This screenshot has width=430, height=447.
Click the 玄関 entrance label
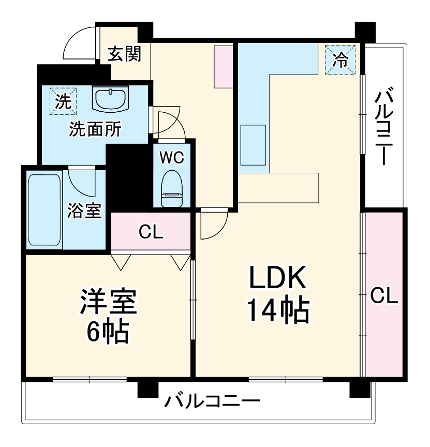coord(124,53)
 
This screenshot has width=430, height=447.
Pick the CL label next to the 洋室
coord(151,232)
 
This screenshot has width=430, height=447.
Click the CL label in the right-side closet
coord(384,296)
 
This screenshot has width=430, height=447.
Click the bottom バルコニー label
coord(213,401)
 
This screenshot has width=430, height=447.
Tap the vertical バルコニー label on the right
coord(384,126)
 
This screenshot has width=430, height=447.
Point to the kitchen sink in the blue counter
coord(253,145)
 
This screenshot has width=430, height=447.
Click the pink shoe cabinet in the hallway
coord(224,66)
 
